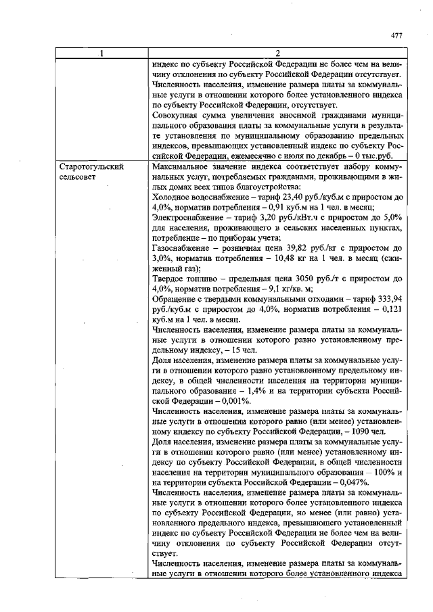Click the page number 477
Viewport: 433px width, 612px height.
[398, 36]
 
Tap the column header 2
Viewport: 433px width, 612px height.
[277, 53]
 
